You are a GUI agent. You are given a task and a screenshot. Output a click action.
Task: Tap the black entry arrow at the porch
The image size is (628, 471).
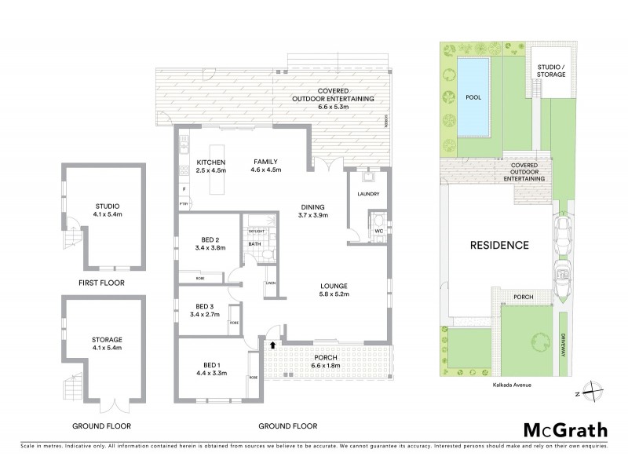tap(272, 344)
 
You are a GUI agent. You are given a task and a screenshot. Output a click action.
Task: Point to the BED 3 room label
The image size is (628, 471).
tap(205, 310)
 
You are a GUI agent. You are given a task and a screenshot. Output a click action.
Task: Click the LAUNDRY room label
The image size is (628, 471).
tap(368, 195)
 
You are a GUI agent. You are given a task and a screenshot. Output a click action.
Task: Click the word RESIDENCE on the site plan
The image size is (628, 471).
tap(499, 245)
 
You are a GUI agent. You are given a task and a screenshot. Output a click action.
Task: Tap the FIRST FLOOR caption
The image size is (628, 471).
tap(101, 283)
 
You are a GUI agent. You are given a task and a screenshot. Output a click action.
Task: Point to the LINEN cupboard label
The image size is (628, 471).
tap(271, 283)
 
